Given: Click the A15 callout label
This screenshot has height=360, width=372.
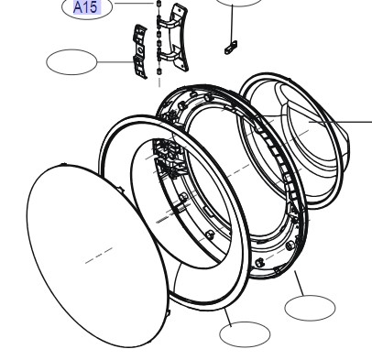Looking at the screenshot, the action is click(87, 7).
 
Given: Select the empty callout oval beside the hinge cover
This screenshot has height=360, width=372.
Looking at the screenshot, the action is click(71, 62).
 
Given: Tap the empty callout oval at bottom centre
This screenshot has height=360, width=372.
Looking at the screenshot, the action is click(245, 334).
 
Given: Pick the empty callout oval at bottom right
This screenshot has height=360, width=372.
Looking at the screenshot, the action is click(310, 308).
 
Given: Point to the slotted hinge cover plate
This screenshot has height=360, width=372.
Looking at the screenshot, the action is click(140, 51).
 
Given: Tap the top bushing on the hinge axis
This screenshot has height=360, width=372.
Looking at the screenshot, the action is click(159, 4).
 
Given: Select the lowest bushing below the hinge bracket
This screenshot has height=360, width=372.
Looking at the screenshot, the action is click(159, 72).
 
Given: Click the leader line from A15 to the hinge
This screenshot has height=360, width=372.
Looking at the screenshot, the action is click(133, 4).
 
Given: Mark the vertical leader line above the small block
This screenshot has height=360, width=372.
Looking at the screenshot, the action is click(233, 23).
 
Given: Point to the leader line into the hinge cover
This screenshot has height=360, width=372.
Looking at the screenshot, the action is click(115, 62).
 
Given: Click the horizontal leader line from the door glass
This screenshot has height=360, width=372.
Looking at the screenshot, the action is click(340, 122).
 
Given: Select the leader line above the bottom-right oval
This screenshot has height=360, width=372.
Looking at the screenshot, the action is click(299, 283).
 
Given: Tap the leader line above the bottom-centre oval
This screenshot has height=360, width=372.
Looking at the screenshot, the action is click(228, 317).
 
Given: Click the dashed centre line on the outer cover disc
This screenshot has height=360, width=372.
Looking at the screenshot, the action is click(99, 256).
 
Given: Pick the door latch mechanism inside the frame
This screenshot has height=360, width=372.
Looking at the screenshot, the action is click(168, 158).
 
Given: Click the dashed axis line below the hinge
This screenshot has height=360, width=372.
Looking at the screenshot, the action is click(159, 82).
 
